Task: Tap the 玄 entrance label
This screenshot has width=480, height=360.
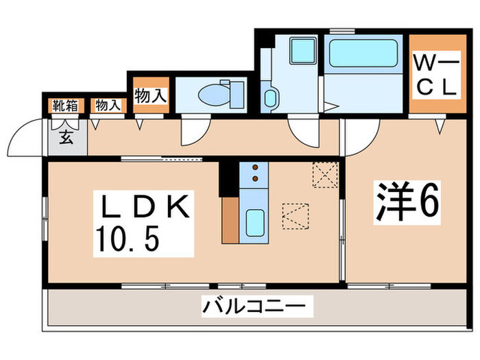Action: coord(66,137)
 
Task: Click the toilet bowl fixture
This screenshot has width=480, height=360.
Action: coord(221,93)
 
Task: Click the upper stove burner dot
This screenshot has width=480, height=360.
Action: coord(255,167)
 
